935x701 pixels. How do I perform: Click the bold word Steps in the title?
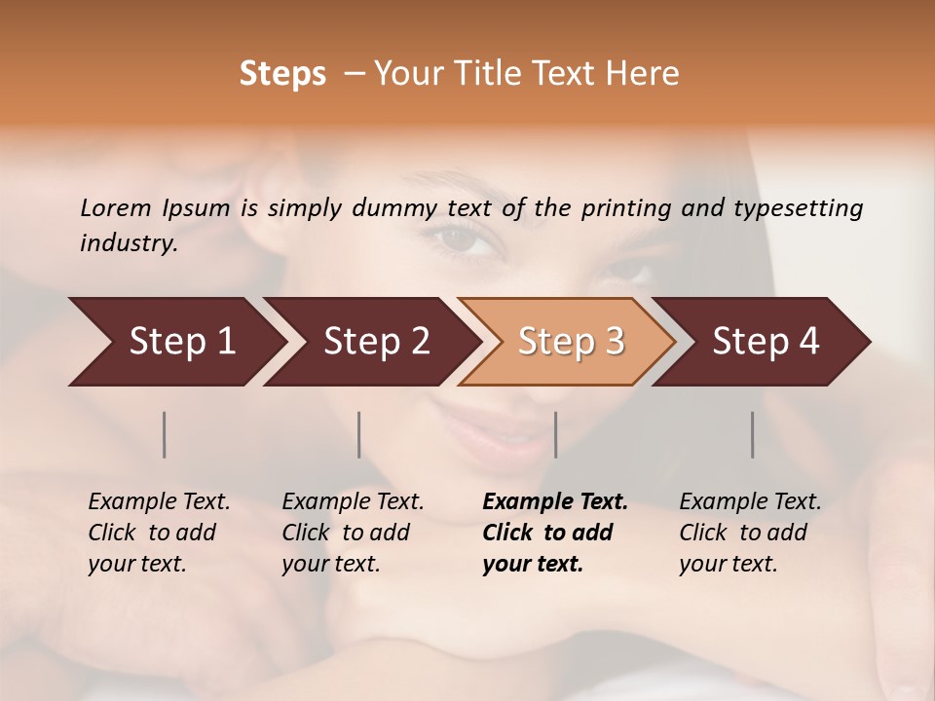282,74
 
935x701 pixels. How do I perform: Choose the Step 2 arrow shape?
376,341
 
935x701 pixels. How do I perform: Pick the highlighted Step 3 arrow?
571,341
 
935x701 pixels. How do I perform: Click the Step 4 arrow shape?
766,341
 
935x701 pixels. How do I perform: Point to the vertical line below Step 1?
165,434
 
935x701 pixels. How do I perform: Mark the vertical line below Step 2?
359,434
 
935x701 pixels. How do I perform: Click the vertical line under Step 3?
555,434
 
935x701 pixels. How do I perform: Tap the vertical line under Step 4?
753,434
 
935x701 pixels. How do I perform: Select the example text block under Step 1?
159,533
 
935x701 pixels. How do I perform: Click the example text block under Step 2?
353,533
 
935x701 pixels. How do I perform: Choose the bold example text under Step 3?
555,533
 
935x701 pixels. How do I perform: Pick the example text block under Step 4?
750,533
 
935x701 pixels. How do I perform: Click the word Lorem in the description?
116,208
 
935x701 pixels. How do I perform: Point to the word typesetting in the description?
798,208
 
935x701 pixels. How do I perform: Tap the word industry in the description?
128,243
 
